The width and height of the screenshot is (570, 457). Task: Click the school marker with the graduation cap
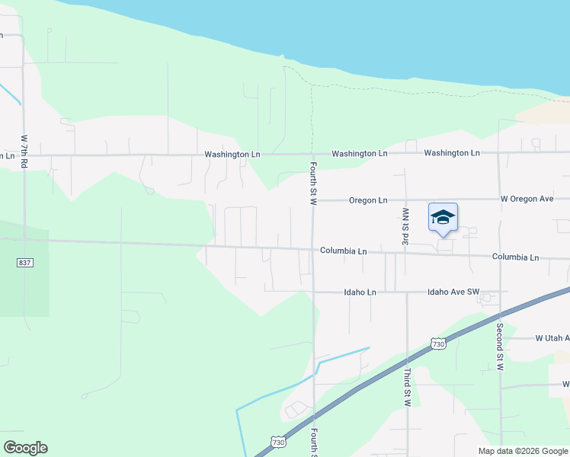pyautogui.click(x=443, y=218)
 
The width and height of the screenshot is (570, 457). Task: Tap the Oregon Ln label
pyautogui.click(x=368, y=200)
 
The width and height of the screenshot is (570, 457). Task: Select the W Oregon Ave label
pyautogui.click(x=527, y=199)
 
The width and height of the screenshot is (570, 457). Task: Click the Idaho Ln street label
pyautogui.click(x=360, y=292)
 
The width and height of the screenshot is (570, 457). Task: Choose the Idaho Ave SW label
pyautogui.click(x=453, y=292)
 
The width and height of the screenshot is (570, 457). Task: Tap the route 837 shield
pyautogui.click(x=24, y=263)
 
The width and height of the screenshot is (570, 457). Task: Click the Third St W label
pyautogui.click(x=408, y=387)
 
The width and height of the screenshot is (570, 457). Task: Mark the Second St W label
pyautogui.click(x=501, y=347)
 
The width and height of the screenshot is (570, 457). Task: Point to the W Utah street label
pyautogui.click(x=552, y=337)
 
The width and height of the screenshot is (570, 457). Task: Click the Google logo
pyautogui.click(x=25, y=448)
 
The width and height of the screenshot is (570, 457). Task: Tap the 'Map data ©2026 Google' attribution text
pyautogui.click(x=523, y=451)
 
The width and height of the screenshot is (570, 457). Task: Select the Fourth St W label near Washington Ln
pyautogui.click(x=313, y=182)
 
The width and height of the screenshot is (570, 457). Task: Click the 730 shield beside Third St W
pyautogui.click(x=437, y=344)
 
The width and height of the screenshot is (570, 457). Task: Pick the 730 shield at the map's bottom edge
pyautogui.click(x=278, y=442)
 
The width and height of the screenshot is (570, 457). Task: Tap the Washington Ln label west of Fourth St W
pyautogui.click(x=232, y=154)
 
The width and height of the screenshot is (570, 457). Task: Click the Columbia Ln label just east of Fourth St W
pyautogui.click(x=343, y=251)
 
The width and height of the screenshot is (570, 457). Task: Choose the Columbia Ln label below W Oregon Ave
pyautogui.click(x=515, y=257)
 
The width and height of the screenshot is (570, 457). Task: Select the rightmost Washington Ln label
pyautogui.click(x=452, y=153)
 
